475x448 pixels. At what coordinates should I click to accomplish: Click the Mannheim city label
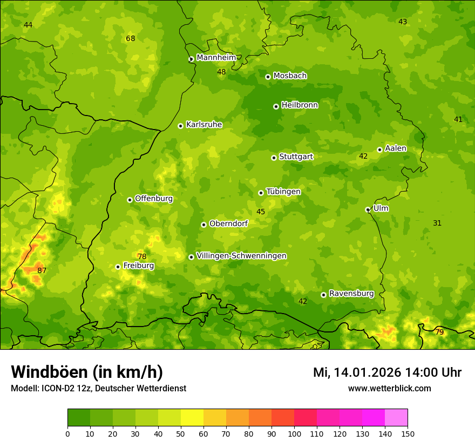pyautogui.click(x=216, y=58)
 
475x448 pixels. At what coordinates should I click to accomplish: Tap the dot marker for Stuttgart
pyautogui.click(x=274, y=158)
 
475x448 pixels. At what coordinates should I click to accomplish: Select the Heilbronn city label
pyautogui.click(x=300, y=105)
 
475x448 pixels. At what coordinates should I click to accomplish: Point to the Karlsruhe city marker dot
pyautogui.click(x=180, y=126)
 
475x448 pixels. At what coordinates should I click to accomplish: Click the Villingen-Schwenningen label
pyautogui.click(x=241, y=256)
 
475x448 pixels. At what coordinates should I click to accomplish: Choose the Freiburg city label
pyautogui.click(x=139, y=266)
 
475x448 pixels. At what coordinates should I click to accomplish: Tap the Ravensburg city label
pyautogui.click(x=351, y=294)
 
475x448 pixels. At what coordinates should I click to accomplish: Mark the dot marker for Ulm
pyautogui.click(x=368, y=209)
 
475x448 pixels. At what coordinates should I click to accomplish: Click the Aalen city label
pyautogui.click(x=396, y=148)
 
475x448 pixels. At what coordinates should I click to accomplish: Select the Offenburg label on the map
pyautogui.click(x=154, y=199)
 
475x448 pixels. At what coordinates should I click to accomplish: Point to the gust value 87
pyautogui.click(x=42, y=270)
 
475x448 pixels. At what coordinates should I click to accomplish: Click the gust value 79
pyautogui.click(x=439, y=332)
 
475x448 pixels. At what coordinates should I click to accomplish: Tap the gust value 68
pyautogui.click(x=130, y=38)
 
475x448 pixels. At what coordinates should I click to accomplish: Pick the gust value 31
pyautogui.click(x=437, y=223)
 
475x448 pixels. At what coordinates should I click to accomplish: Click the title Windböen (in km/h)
pyautogui.click(x=87, y=372)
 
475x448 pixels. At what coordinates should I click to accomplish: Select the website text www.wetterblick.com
pyautogui.click(x=389, y=388)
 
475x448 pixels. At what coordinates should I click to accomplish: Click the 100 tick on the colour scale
pyautogui.click(x=294, y=433)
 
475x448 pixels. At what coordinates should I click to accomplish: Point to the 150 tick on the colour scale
pyautogui.click(x=408, y=433)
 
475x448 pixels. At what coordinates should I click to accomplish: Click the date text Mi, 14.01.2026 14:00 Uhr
pyautogui.click(x=387, y=372)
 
